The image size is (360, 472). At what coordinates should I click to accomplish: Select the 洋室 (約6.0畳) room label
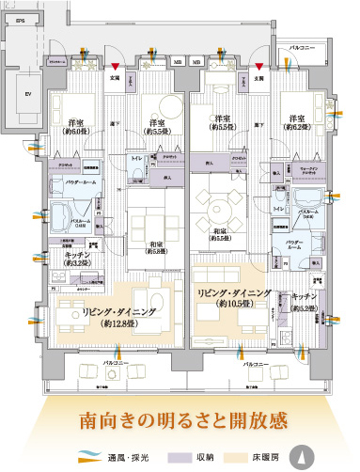pos(77,128)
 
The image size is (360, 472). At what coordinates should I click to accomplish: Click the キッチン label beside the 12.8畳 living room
pos(77,258)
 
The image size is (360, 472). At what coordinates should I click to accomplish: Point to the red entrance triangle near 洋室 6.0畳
pos(115,67)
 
